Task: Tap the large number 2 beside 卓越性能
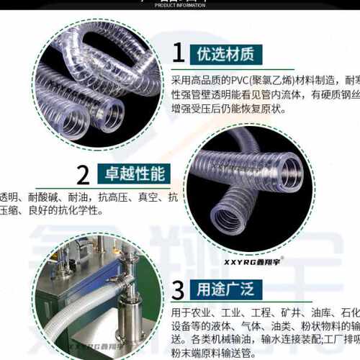point(84,175)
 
